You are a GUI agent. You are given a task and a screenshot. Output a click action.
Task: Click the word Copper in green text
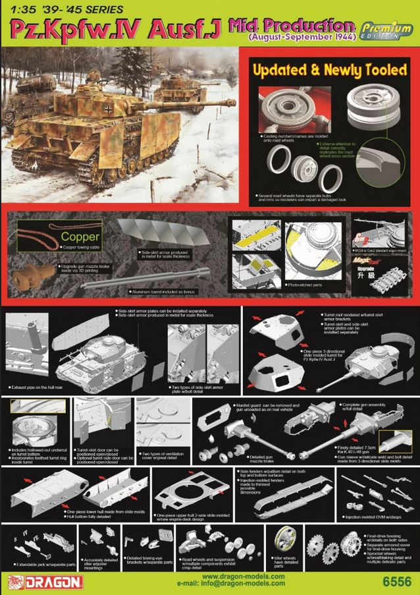point(80,236)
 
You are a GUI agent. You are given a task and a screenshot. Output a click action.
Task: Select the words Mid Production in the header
point(290,25)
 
